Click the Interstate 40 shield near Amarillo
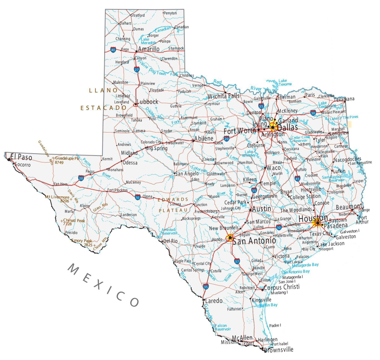click(113, 49)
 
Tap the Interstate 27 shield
click(137, 69)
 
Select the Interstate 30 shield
click(313, 112)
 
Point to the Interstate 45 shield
click(297, 179)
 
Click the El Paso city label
click(21, 157)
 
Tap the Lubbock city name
click(147, 102)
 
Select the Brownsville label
click(278, 350)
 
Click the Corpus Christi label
click(281, 287)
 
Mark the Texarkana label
click(344, 99)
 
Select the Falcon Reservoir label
click(223, 327)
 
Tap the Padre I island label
click(275, 325)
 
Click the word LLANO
click(103, 90)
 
